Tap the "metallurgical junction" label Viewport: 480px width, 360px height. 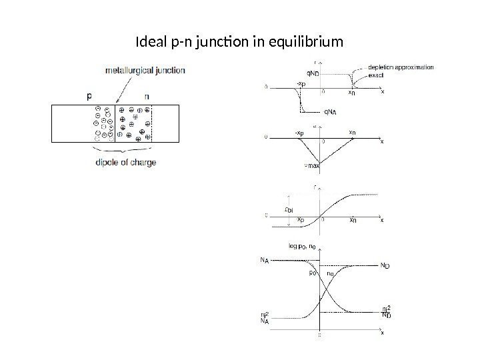pos(145,69)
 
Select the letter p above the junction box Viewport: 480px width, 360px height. pos(91,96)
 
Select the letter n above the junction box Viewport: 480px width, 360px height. pos(145,96)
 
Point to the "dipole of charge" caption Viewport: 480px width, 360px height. pos(123,162)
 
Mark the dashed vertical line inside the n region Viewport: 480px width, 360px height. pos(151,123)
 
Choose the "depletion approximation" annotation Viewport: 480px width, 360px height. pos(401,67)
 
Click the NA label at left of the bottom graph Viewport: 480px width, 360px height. pos(265,261)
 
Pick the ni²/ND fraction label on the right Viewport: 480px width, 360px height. pos(385,312)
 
